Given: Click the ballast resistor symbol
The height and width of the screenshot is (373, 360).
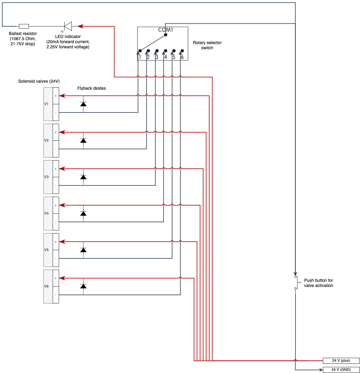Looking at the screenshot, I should point(24,26).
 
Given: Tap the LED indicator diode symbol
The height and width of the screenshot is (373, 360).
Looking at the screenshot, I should point(68,26).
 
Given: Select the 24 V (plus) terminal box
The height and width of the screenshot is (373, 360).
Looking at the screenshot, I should point(341,361).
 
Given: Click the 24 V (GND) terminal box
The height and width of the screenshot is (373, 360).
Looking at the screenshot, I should point(341,370).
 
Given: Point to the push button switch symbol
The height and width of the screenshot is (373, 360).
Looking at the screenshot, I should point(296,282).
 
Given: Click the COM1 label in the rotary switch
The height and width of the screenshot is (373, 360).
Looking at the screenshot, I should point(165,30).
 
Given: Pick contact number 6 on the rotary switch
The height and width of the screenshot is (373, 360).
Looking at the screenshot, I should point(182,51).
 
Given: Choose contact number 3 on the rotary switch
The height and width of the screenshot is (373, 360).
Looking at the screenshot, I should point(157,51).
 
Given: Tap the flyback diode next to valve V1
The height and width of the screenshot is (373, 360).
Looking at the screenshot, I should point(83,104).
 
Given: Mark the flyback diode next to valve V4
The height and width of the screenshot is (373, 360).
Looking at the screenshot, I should point(83,213).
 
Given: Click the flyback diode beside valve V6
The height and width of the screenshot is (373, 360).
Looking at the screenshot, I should point(83,286).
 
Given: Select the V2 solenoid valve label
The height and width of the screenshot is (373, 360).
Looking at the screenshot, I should point(46,140).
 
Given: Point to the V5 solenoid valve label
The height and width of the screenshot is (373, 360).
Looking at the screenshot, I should point(46,250).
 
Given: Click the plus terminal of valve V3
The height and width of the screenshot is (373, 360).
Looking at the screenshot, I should point(56,169).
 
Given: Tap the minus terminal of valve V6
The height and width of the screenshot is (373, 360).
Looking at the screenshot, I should point(56,295).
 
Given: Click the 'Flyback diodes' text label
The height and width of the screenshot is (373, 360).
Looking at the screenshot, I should point(91,88).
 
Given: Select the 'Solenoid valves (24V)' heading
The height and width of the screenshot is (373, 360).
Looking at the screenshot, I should point(39,81).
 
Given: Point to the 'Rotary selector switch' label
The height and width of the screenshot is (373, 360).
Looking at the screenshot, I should point(207,45).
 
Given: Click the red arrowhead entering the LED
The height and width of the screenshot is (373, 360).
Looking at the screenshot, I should point(80,26).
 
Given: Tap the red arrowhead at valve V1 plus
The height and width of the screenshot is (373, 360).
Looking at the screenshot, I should point(62,96).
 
